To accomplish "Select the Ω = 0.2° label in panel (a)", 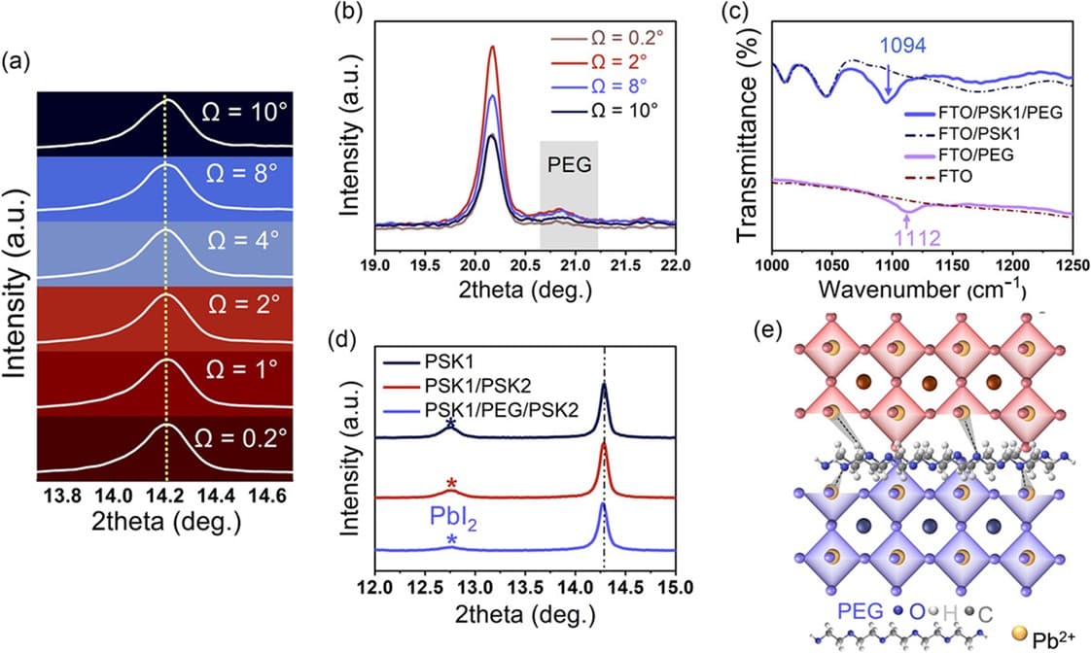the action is (x=240, y=438).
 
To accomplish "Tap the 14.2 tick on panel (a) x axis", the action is (x=165, y=496).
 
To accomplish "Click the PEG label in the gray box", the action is (x=569, y=165).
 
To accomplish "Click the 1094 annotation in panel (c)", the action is (x=902, y=46).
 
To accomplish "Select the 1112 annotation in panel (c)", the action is (x=917, y=238).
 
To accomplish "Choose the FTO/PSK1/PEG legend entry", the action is (x=983, y=112).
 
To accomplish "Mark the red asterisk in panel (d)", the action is (x=452, y=484).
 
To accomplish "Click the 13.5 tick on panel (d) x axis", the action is (x=525, y=587).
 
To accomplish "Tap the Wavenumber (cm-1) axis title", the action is (x=922, y=288).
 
